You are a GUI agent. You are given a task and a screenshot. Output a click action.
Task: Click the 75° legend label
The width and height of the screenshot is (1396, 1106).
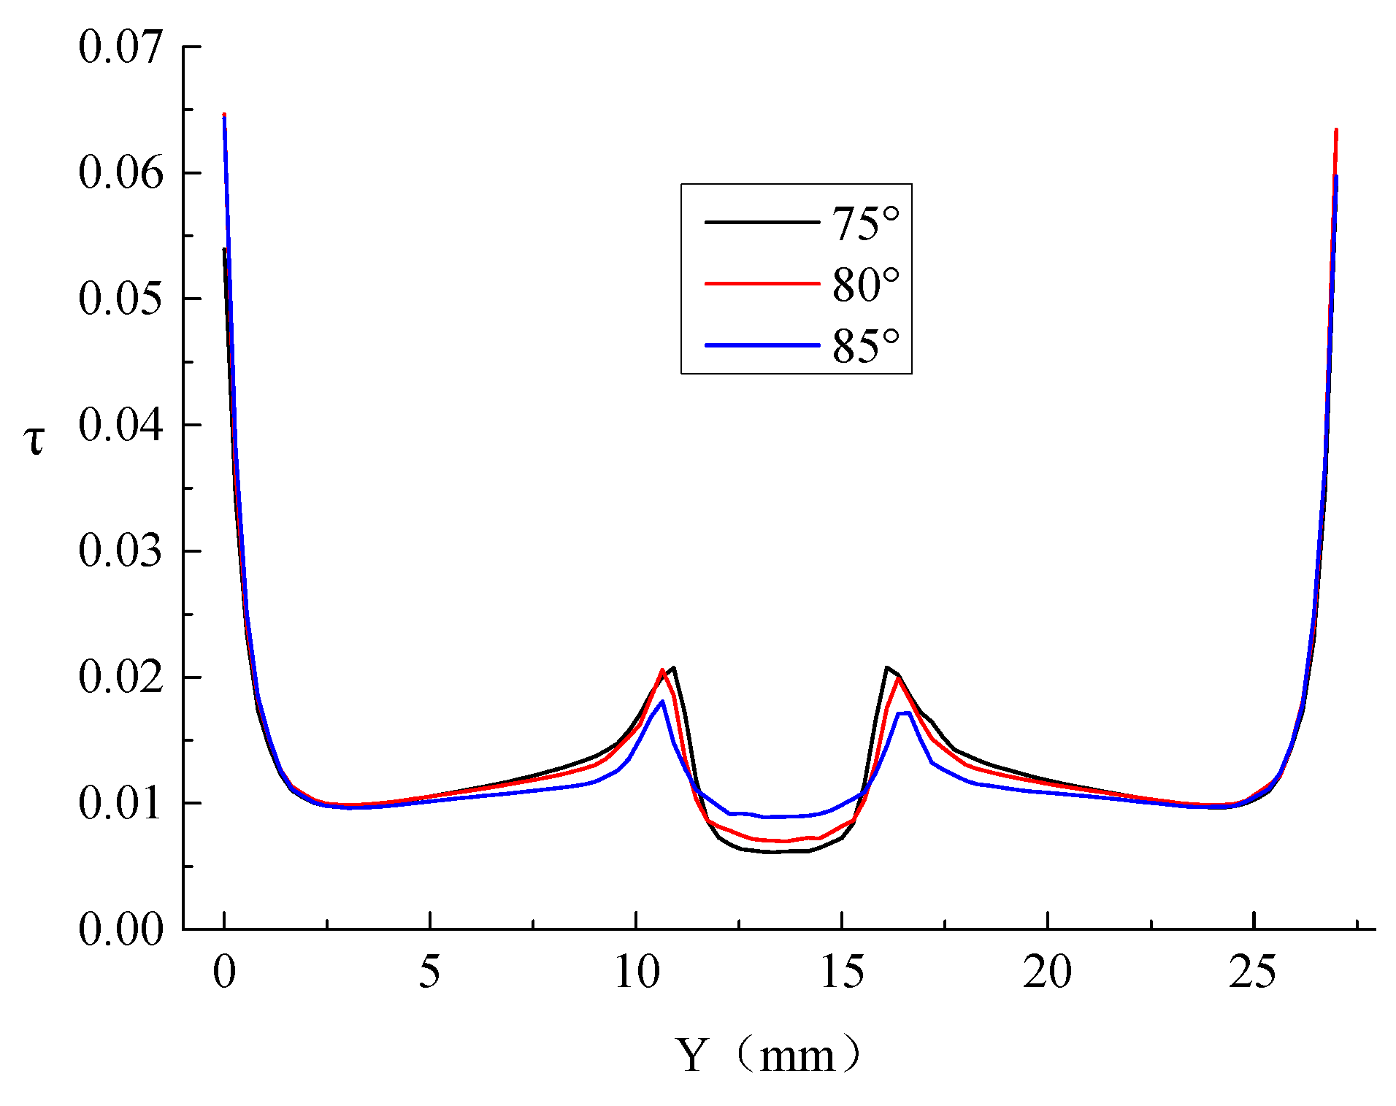point(866,223)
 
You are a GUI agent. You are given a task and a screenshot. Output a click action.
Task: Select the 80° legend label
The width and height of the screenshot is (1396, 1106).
point(866,285)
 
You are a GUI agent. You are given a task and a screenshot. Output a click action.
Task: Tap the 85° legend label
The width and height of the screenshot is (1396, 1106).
point(866,346)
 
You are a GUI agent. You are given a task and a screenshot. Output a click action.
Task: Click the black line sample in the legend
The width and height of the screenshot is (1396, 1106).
point(762,222)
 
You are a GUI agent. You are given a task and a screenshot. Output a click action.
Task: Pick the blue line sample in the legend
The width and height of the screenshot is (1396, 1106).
point(762,345)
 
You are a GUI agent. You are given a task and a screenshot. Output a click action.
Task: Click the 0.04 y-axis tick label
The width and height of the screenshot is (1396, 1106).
point(120,425)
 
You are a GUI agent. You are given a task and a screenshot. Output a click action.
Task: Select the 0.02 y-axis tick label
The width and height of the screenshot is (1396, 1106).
point(120,677)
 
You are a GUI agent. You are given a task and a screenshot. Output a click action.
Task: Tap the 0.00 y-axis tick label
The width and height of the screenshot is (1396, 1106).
point(120,929)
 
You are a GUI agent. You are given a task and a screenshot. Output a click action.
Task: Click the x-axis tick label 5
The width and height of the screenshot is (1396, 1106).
point(430,972)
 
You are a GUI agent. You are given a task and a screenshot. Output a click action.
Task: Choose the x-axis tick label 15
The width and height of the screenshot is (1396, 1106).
point(842,972)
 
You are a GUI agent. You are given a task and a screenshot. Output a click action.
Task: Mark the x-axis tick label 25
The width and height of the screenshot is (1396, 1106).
point(1253,972)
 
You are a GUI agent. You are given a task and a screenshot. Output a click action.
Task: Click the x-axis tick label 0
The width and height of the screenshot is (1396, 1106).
point(224,972)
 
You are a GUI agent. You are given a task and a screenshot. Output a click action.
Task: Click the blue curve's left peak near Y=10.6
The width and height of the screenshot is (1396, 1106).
point(662,702)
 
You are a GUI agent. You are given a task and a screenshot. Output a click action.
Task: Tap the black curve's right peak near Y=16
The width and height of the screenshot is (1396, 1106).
point(886,667)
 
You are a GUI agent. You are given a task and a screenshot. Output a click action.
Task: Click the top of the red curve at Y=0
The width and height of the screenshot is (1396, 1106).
point(224,115)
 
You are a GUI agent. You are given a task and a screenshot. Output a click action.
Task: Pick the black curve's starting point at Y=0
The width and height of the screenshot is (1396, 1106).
point(224,250)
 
